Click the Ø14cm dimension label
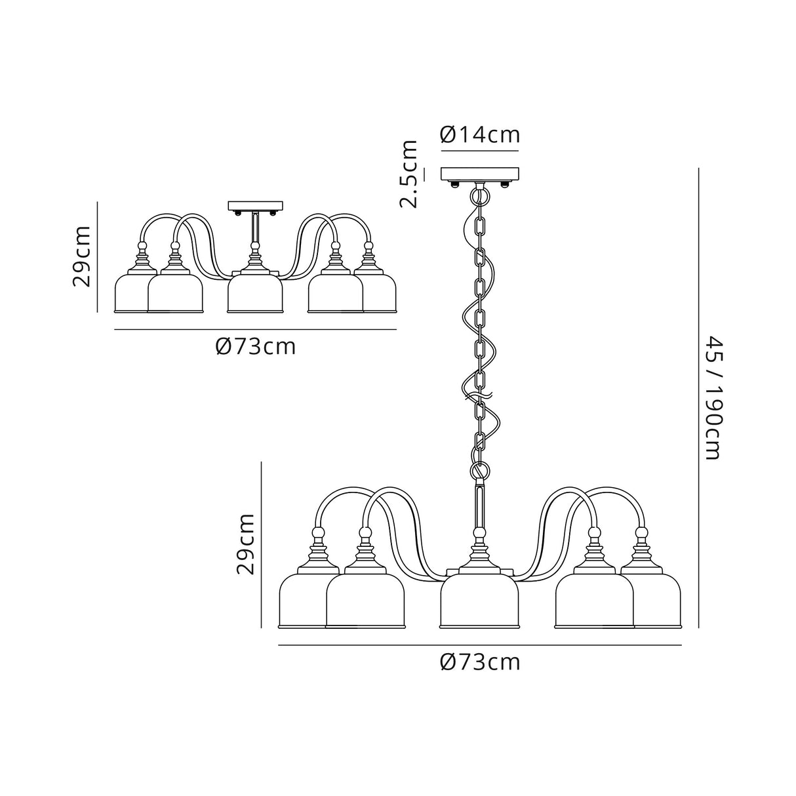coord(479,134)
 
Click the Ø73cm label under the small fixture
coord(256,347)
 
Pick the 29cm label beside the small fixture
coord(81,256)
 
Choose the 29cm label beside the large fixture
coord(245,544)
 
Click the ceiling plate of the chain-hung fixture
coord(479,174)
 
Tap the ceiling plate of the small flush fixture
coord(256,206)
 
